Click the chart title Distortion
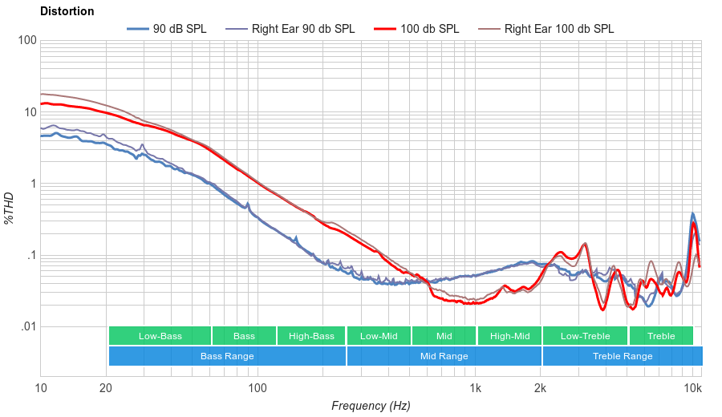tap(67, 12)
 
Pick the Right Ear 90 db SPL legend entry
tap(303, 29)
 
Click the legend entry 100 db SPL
tap(430, 29)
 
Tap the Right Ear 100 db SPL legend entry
tap(559, 29)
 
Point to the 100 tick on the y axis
tap(26, 41)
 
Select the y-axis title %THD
tap(10, 208)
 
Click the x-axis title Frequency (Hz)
tap(371, 406)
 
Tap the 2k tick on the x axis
tap(541, 388)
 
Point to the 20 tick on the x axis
tap(106, 388)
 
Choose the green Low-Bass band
tap(160, 336)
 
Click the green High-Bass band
tap(311, 336)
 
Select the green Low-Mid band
tap(379, 336)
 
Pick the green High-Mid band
tap(509, 336)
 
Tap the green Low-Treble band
tap(586, 336)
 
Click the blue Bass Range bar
tap(227, 356)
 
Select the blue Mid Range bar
tap(444, 356)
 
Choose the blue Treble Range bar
tap(623, 356)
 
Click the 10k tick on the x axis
tap(693, 388)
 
